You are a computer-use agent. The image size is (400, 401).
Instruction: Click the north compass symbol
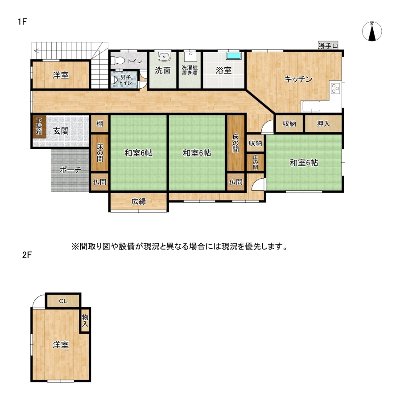click(x=372, y=32)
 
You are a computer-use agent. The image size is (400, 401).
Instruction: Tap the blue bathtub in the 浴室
click(x=234, y=56)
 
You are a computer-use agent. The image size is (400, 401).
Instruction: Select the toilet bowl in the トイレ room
click(x=117, y=60)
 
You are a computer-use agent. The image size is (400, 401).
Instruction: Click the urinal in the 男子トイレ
click(x=114, y=80)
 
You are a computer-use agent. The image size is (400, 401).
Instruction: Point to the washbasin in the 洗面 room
click(x=163, y=56)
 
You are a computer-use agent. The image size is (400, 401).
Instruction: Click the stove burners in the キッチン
click(x=335, y=89)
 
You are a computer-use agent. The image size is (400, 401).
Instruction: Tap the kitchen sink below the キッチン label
click(x=311, y=106)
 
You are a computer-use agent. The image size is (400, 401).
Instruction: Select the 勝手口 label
click(x=328, y=46)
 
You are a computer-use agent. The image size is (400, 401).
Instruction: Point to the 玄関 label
click(x=61, y=131)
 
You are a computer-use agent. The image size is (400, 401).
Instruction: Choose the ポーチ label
click(x=70, y=170)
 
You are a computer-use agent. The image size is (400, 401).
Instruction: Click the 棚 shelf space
click(x=100, y=124)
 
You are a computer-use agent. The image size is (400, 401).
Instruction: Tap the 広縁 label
click(x=139, y=201)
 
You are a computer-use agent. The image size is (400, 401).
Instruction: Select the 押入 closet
click(x=323, y=123)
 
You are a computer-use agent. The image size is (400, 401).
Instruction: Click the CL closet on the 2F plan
click(x=63, y=301)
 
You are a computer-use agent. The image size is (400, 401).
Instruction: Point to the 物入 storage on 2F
click(x=85, y=321)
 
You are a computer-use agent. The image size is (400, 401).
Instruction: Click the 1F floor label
click(x=23, y=21)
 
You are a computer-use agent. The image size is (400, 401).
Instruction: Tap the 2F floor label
click(x=27, y=255)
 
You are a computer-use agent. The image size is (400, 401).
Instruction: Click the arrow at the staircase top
click(x=36, y=50)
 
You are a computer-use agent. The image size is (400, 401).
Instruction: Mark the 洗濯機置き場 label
click(x=190, y=70)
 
